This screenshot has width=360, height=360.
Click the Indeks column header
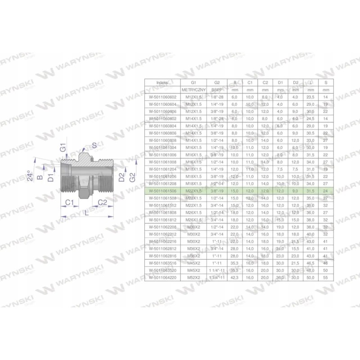pyautogui.click(x=161, y=83)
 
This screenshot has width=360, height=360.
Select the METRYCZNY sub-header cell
pyautogui.click(x=193, y=90)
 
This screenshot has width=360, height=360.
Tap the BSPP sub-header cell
pyautogui.click(x=217, y=90)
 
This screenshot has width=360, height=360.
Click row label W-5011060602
pyautogui.click(x=161, y=97)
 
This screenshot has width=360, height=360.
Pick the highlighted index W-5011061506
pyautogui.click(x=161, y=191)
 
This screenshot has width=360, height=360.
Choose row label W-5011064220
pyautogui.click(x=161, y=278)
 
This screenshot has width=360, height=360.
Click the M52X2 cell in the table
pyautogui.click(x=193, y=278)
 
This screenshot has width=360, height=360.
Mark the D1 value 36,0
pyautogui.click(x=280, y=278)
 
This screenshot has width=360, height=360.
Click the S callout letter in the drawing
pyautogui.click(x=94, y=145)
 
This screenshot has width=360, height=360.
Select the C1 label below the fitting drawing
pyautogui.click(x=68, y=203)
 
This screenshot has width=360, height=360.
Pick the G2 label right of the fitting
pyautogui.click(x=131, y=177)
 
